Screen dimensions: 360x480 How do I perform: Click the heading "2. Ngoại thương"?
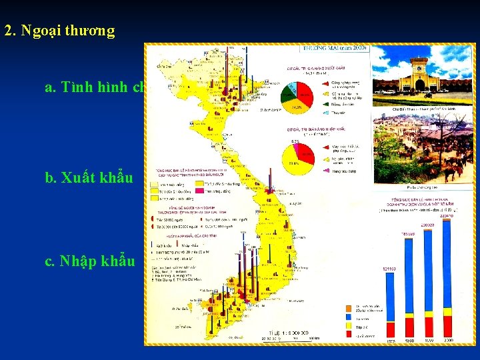click(x=59, y=31)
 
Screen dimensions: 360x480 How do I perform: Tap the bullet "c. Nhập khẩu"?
click(x=89, y=261)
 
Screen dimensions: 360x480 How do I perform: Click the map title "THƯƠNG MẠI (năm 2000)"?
click(x=335, y=49)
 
